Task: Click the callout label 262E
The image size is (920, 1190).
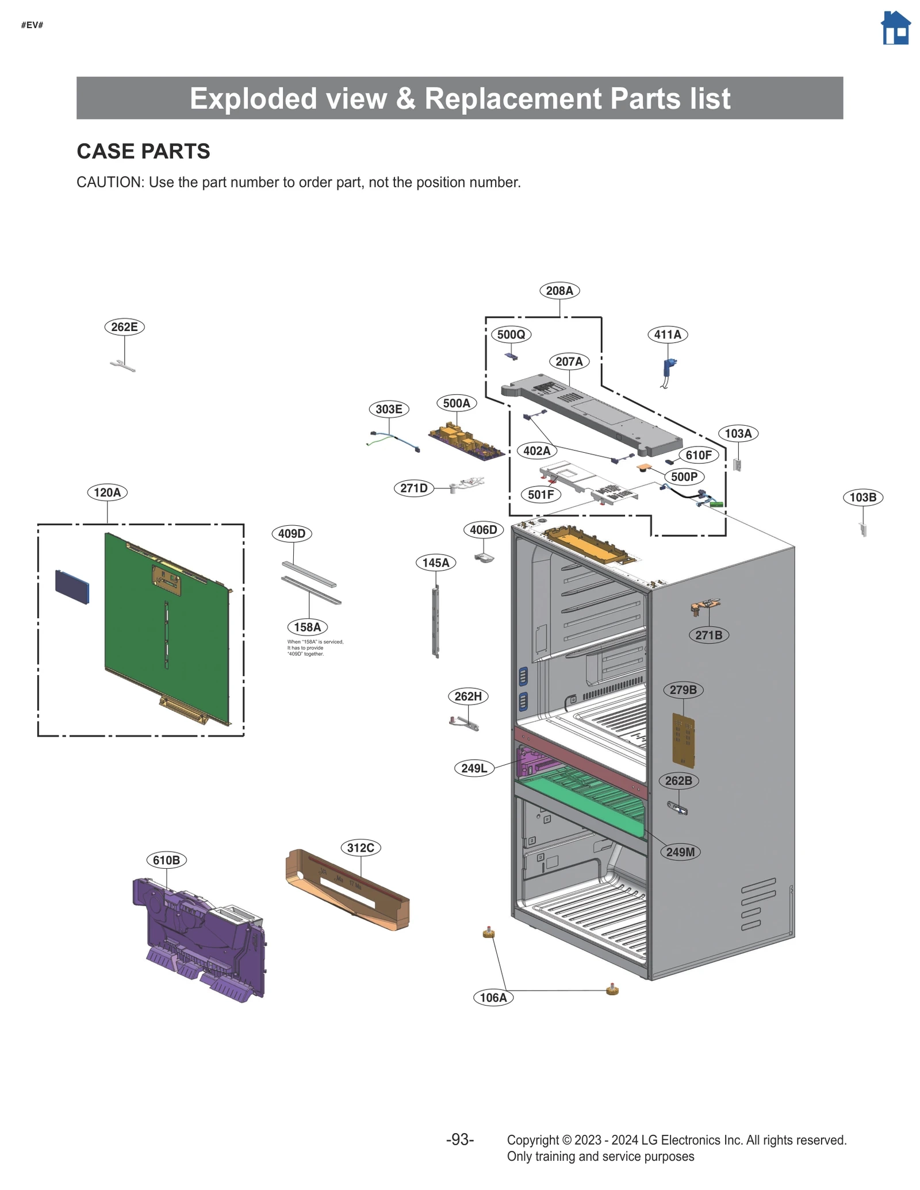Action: click(124, 327)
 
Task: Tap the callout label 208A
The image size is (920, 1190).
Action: click(559, 291)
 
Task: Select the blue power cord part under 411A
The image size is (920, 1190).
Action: click(668, 368)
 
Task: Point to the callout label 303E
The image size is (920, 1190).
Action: click(389, 409)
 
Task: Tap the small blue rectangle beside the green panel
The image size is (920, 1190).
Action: click(72, 587)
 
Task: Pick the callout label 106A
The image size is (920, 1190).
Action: click(493, 998)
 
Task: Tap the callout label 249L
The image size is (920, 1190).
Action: click(474, 768)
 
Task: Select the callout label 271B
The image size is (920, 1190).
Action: click(708, 635)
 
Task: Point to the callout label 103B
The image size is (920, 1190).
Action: click(862, 497)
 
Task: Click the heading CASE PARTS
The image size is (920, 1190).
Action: click(143, 152)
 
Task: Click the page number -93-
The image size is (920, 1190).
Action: click(459, 1139)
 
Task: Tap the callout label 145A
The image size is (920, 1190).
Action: click(435, 563)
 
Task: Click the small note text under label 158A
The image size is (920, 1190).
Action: click(315, 648)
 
